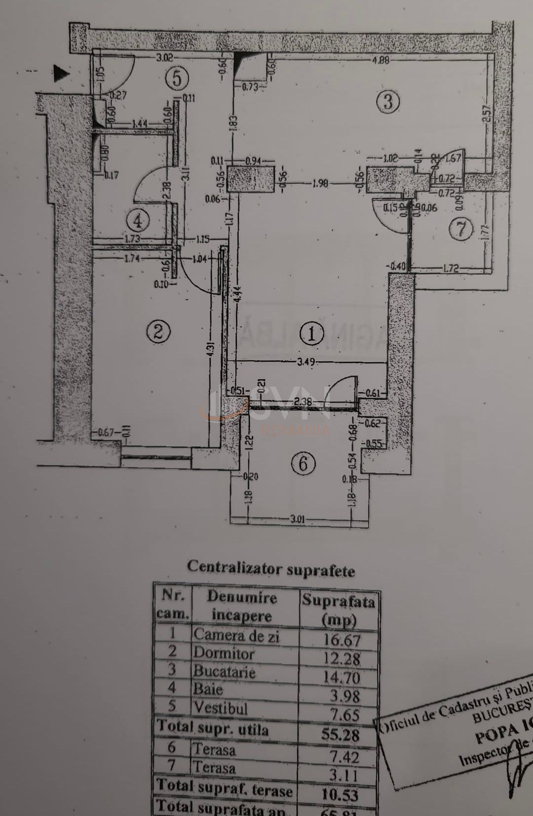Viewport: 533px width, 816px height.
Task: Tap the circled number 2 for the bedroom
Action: [x=158, y=331]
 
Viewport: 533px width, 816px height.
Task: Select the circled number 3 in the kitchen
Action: [x=387, y=102]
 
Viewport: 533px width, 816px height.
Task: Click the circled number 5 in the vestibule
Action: [x=177, y=79]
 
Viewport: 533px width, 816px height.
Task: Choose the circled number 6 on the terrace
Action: [x=303, y=463]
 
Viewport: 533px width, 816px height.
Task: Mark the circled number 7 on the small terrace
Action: [x=461, y=229]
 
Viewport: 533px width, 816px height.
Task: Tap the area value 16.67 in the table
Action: [x=342, y=640]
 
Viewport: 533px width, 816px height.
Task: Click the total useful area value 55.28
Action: [x=341, y=734]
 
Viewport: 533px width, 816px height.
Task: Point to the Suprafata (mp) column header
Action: [x=339, y=609]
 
